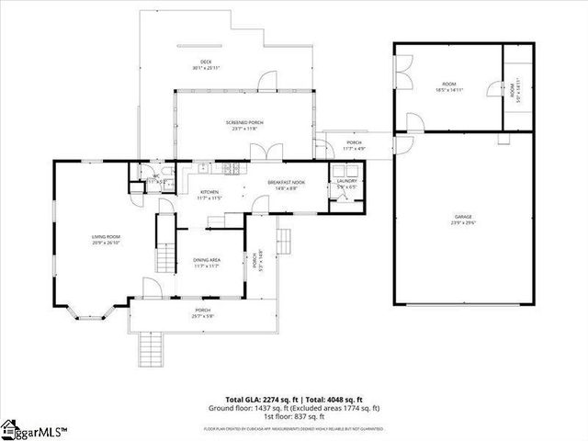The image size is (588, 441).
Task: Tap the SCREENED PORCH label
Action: [245, 122]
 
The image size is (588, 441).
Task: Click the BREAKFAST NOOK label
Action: [286, 182]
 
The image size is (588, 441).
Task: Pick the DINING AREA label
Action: [209, 261]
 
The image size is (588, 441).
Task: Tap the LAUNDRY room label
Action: [346, 181]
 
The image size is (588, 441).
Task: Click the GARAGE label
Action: [462, 218]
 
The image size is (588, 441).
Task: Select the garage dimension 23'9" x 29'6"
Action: [462, 223]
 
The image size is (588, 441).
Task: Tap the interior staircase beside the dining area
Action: [165, 244]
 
